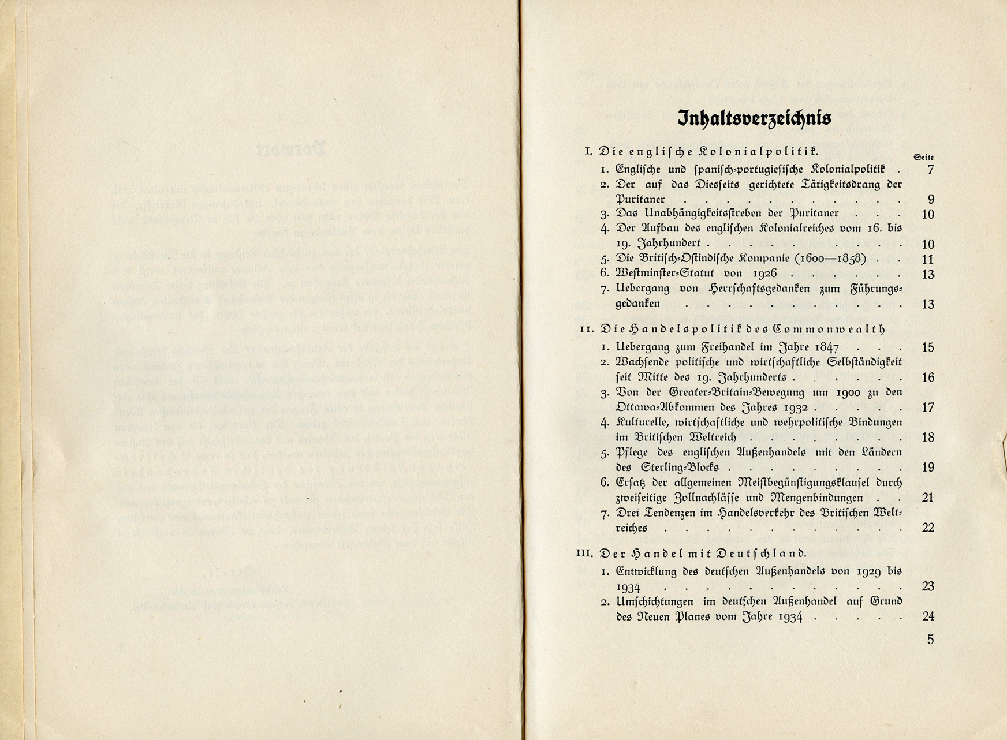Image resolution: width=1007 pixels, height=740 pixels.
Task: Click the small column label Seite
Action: pos(924,158)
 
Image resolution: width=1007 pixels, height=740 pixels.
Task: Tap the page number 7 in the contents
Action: pos(930,170)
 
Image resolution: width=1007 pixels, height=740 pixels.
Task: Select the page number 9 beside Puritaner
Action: pos(931,200)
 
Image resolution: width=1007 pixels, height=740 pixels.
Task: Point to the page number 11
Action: pos(928,259)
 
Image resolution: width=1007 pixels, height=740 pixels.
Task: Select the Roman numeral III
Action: pos(585,553)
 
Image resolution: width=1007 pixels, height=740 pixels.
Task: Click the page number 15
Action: pos(928,347)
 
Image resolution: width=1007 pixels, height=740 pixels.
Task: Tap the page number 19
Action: pos(928,467)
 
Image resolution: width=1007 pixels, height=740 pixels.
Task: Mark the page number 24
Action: pos(928,616)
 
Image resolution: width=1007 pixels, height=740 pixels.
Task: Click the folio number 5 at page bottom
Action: pos(930,639)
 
